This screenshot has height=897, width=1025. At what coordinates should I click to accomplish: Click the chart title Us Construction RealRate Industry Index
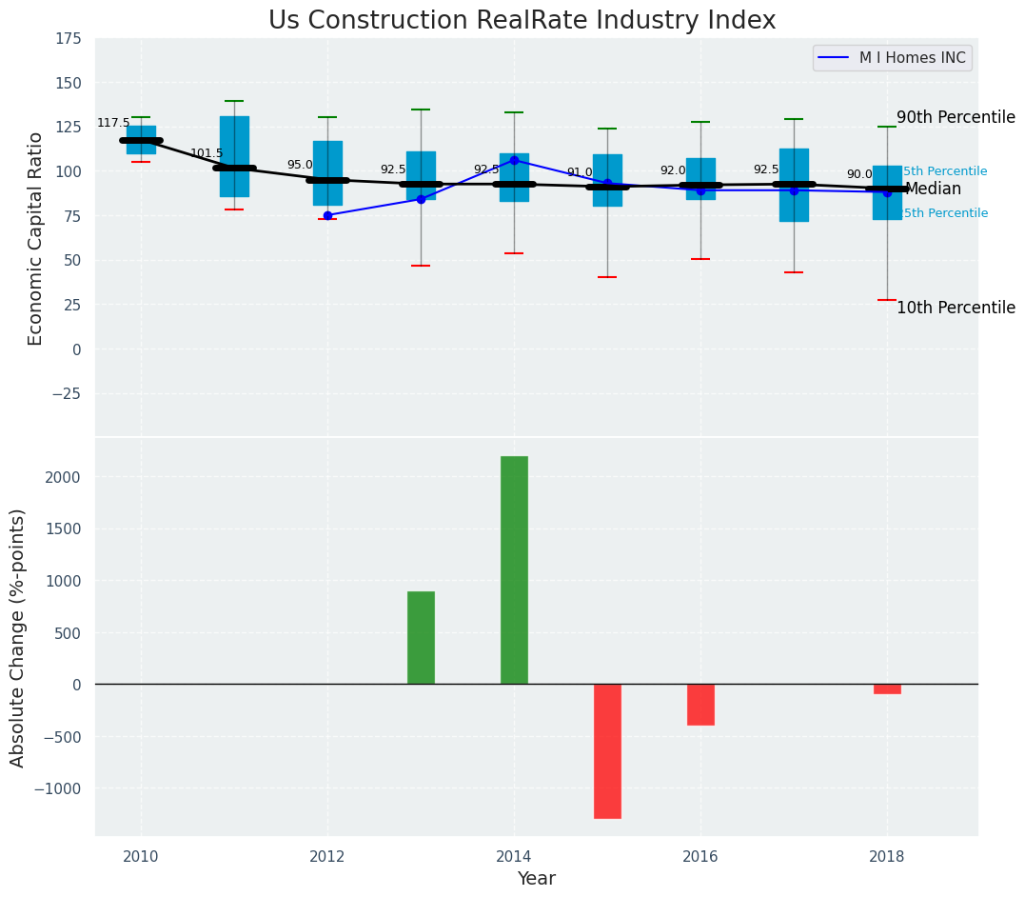(x=522, y=21)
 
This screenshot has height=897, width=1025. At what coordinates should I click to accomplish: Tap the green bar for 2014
(x=514, y=569)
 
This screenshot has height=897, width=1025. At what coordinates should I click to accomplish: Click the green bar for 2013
(x=421, y=637)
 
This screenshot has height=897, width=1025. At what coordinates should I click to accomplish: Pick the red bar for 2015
(x=607, y=750)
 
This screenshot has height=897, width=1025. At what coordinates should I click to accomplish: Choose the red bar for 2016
(x=700, y=705)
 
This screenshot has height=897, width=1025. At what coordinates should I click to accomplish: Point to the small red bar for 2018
(x=887, y=688)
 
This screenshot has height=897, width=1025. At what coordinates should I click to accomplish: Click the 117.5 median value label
(x=113, y=124)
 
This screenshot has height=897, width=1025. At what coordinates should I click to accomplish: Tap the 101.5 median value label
(x=207, y=153)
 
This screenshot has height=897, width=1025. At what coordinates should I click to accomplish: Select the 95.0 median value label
(x=300, y=166)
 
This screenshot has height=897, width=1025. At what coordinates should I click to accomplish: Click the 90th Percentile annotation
(x=956, y=117)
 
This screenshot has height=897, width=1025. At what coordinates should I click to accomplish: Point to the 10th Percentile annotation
(x=956, y=308)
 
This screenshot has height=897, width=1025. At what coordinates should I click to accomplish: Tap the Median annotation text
(x=933, y=189)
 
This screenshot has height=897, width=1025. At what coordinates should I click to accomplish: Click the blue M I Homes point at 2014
(x=514, y=160)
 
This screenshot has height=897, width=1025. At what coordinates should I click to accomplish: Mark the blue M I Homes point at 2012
(x=327, y=215)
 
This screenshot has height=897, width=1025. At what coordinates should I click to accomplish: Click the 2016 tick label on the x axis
(x=700, y=856)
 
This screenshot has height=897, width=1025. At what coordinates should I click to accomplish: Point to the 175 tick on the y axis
(x=67, y=39)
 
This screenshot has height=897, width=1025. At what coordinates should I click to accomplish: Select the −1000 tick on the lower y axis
(x=59, y=788)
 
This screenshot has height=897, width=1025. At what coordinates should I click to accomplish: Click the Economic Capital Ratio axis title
(x=36, y=238)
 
